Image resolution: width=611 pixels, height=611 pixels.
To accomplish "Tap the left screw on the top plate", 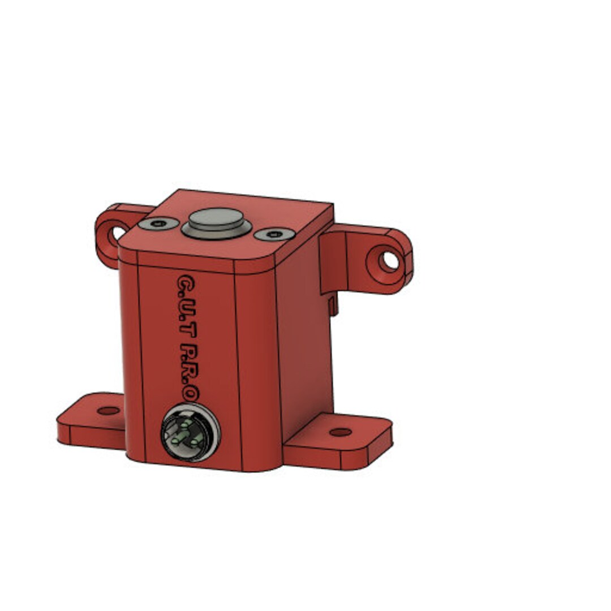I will tap(158, 224).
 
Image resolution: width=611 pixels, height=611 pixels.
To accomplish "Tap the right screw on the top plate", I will tap(274, 234).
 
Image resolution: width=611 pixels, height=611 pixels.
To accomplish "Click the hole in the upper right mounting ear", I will tap(389, 261).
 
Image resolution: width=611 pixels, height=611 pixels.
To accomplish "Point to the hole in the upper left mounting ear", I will tap(118, 233).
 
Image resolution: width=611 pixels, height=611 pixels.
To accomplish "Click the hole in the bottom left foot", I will tap(109, 410).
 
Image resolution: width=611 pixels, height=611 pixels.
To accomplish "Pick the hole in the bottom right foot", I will tap(340, 432).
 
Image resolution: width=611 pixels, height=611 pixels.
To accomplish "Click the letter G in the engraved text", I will tap(186, 282).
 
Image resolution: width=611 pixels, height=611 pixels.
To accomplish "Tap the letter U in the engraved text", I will tap(187, 308).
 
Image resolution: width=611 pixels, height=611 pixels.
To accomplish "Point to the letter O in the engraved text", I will tap(191, 394).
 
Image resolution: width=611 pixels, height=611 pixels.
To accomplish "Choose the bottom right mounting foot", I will tap(339, 444).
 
